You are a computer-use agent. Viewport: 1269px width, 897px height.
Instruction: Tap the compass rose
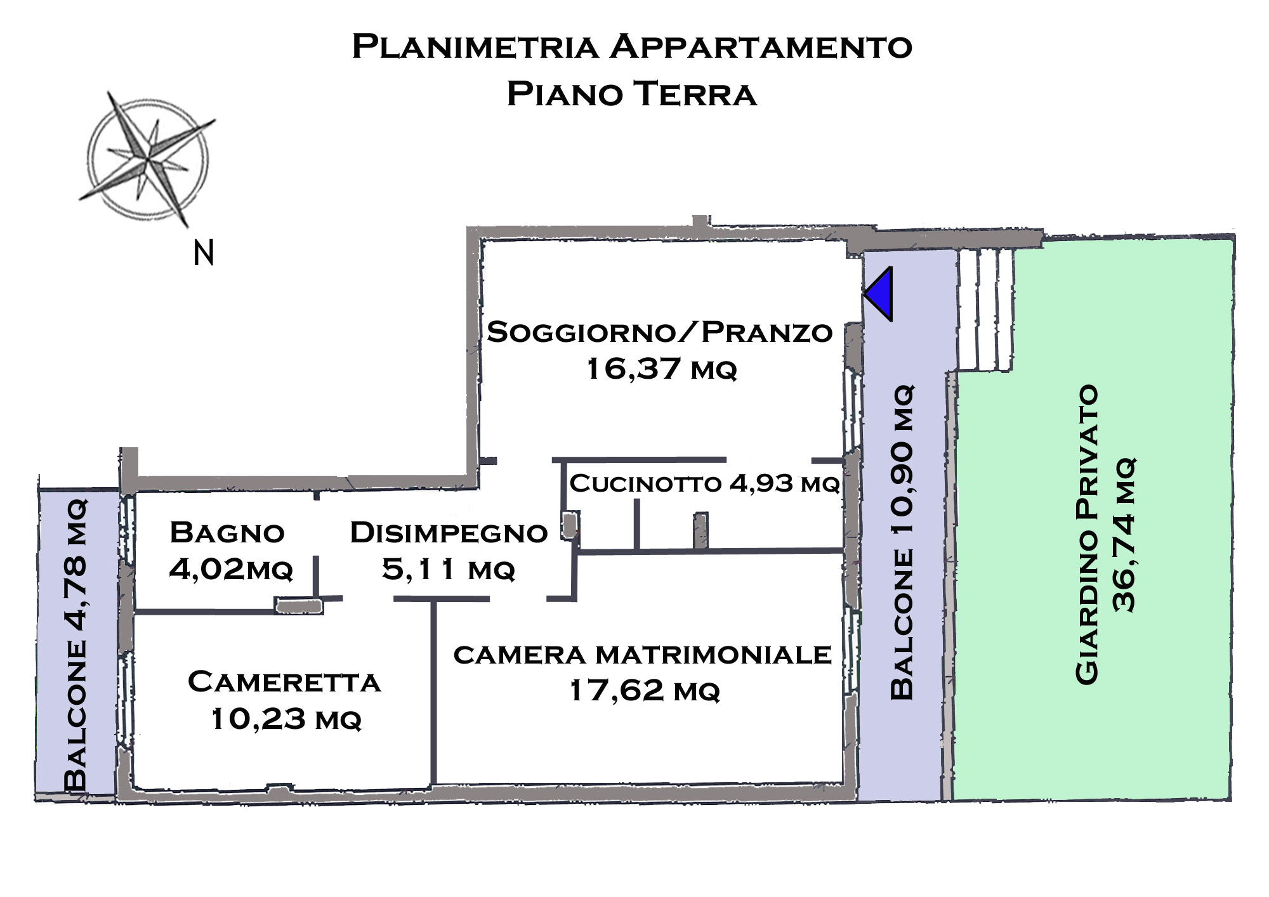click(x=147, y=159)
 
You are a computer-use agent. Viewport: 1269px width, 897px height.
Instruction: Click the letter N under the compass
click(x=203, y=253)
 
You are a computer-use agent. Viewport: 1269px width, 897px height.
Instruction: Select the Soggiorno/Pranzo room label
click(x=659, y=332)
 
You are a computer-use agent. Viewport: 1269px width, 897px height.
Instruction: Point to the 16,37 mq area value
click(x=661, y=369)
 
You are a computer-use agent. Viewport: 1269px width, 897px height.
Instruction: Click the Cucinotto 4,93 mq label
click(x=705, y=483)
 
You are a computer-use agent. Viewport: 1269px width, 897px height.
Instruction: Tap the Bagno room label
click(x=227, y=533)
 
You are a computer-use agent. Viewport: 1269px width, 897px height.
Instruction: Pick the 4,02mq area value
click(x=231, y=569)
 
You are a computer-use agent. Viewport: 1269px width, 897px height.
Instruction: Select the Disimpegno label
click(x=449, y=533)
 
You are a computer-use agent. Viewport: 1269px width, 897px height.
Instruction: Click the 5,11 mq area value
click(x=449, y=569)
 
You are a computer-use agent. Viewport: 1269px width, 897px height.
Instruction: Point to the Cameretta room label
click(x=284, y=682)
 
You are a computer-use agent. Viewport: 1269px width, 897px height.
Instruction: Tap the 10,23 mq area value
click(x=286, y=719)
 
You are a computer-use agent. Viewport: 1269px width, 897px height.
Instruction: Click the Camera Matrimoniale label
click(x=642, y=655)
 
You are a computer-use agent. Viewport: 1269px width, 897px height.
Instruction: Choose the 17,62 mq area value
click(x=645, y=690)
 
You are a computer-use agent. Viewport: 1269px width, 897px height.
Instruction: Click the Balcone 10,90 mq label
click(x=902, y=542)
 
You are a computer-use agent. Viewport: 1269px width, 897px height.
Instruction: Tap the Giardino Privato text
click(x=1086, y=534)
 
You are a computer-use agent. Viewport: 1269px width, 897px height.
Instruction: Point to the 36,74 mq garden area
click(x=1124, y=534)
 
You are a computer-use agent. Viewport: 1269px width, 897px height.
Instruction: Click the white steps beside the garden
click(x=985, y=310)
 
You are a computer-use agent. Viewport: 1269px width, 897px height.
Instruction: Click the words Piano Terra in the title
click(x=632, y=94)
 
